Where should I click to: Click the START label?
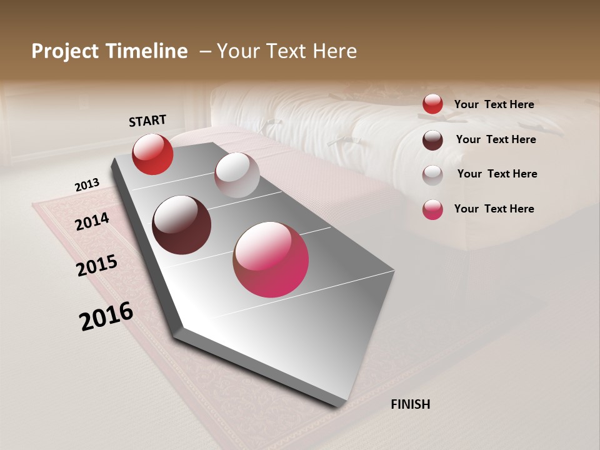(147, 121)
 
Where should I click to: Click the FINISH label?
(411, 404)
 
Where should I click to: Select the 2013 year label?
(87, 185)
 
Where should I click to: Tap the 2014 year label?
(92, 221)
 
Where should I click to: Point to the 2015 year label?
(97, 266)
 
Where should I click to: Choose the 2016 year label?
(106, 316)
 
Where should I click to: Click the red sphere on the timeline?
(152, 154)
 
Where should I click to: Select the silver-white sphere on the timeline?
(237, 175)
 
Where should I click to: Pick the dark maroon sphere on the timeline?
(182, 225)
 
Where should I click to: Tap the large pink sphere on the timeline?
(271, 259)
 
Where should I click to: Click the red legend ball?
(432, 104)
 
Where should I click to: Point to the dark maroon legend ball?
(432, 140)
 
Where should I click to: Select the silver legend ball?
(432, 174)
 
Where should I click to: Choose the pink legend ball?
(432, 209)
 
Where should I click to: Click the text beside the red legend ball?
(494, 104)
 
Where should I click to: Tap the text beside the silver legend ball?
(497, 174)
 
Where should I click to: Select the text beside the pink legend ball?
(494, 209)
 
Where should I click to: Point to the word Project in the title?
(66, 52)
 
